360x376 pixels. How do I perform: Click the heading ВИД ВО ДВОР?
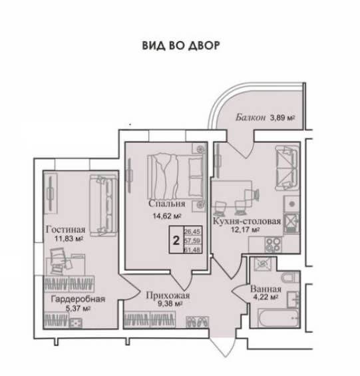pyautogui.click(x=181, y=45)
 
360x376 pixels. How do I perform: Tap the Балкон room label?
pyautogui.click(x=251, y=118)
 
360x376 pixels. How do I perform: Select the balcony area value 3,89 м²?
pyautogui.click(x=283, y=118)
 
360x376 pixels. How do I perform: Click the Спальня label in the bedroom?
pyautogui.click(x=167, y=204)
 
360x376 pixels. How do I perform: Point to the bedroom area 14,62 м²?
pyautogui.click(x=166, y=216)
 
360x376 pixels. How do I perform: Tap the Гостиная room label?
pyautogui.click(x=65, y=230)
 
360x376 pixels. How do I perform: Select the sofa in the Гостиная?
pyautogui.click(x=104, y=205)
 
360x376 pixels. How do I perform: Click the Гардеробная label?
pyautogui.click(x=78, y=299)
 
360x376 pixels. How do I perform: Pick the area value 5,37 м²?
pyautogui.click(x=78, y=308)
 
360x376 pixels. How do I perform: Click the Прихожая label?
pyautogui.click(x=168, y=295)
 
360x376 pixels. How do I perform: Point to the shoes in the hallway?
pyautogui.click(x=197, y=322)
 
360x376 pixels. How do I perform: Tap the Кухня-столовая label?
pyautogui.click(x=247, y=221)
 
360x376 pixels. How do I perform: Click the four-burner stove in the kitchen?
pyautogui.click(x=273, y=245)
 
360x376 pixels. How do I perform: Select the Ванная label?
pyautogui.click(x=266, y=289)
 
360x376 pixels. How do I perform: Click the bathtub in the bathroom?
pyautogui.click(x=278, y=317)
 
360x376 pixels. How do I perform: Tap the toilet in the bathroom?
pyautogui.click(x=289, y=278)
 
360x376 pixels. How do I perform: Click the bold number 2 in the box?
pyautogui.click(x=176, y=240)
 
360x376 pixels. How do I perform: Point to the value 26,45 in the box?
pyautogui.click(x=192, y=232)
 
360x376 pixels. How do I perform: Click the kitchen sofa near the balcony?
pyautogui.click(x=287, y=168)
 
